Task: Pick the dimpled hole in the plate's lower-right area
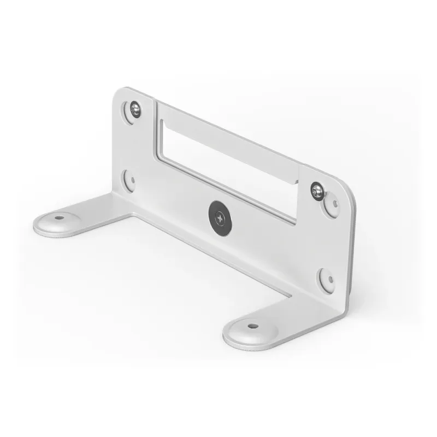[327, 278]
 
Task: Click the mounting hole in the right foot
[252, 326]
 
